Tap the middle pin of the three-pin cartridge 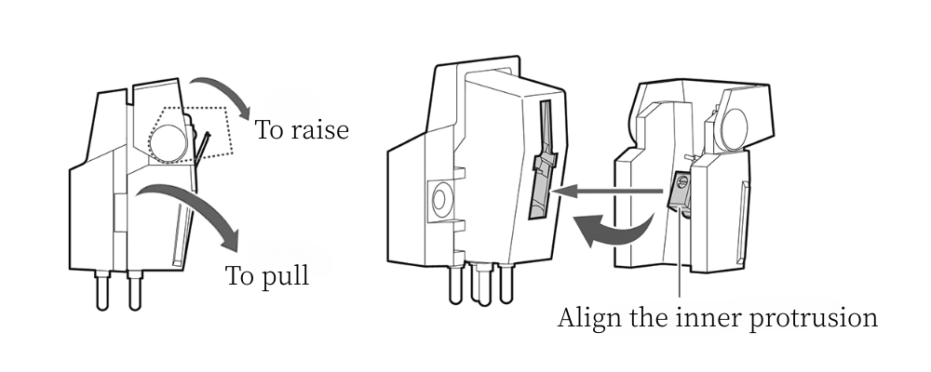(x=481, y=288)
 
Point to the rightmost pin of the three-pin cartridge (x=506, y=284)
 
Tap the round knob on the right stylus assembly (x=736, y=126)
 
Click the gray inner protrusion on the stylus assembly (x=681, y=190)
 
